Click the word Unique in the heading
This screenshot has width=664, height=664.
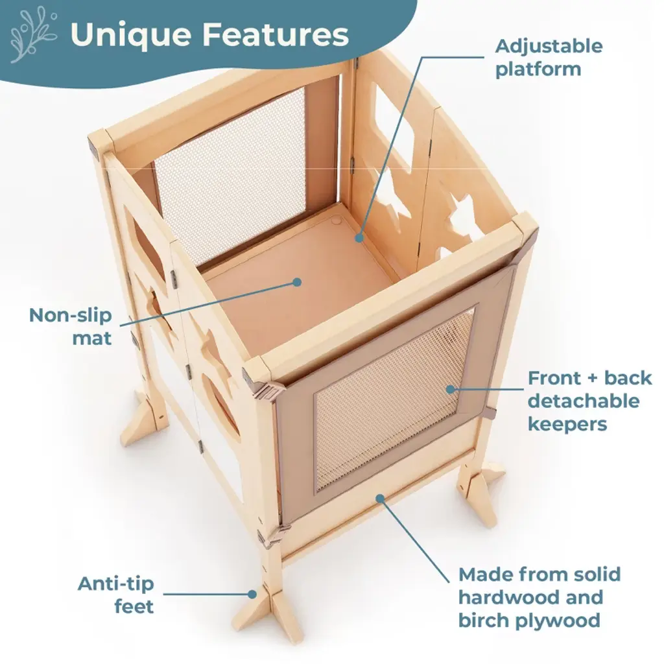point(131,36)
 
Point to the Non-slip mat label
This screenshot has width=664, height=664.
point(71,327)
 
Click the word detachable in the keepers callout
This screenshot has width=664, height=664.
point(584,401)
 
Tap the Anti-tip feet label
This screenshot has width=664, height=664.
point(115,595)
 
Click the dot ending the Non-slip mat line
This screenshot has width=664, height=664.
point(297,282)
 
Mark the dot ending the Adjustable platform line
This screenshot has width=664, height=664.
point(359,238)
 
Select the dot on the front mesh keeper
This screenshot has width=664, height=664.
point(451,389)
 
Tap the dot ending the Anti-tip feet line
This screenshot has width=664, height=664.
point(252,594)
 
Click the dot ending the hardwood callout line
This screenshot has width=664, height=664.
point(380,499)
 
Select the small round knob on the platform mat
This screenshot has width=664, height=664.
point(336,220)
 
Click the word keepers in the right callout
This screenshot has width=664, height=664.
point(567,424)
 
